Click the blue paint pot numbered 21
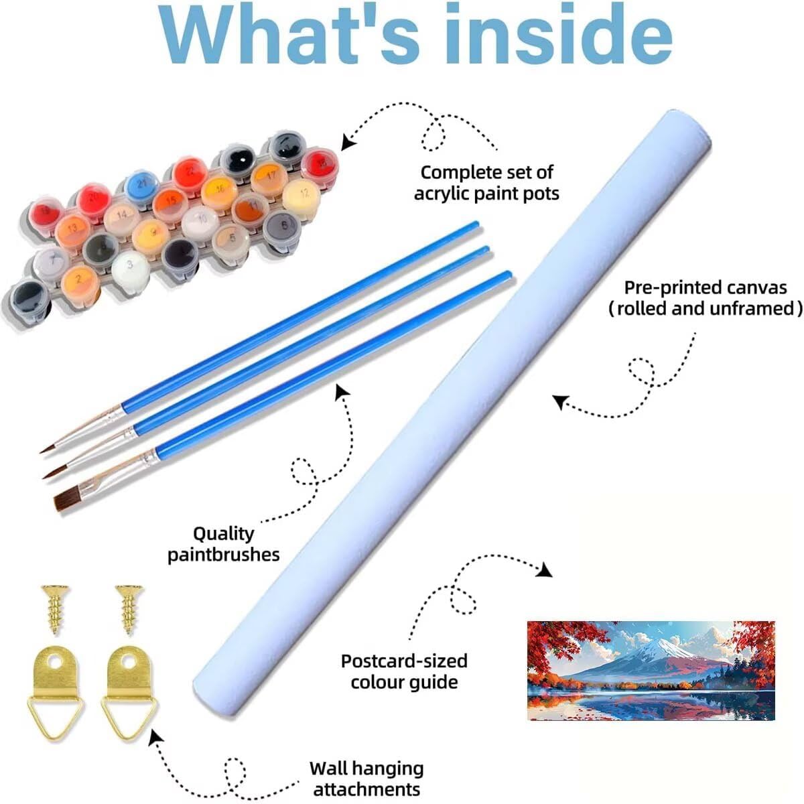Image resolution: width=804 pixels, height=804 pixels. click(142, 186)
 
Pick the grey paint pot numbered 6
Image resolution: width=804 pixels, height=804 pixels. click(282, 228)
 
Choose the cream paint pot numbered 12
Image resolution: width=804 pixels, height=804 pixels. click(301, 196)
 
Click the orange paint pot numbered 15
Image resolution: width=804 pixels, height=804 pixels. click(170, 204)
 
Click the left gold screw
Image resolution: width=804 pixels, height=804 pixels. click(55, 609)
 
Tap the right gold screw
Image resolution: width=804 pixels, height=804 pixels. click(129, 609)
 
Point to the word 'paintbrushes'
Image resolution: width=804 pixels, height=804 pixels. click(224, 555)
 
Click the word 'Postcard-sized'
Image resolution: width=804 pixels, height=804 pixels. click(404, 661)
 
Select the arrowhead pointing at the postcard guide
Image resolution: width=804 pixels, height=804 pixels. click(545, 570)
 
